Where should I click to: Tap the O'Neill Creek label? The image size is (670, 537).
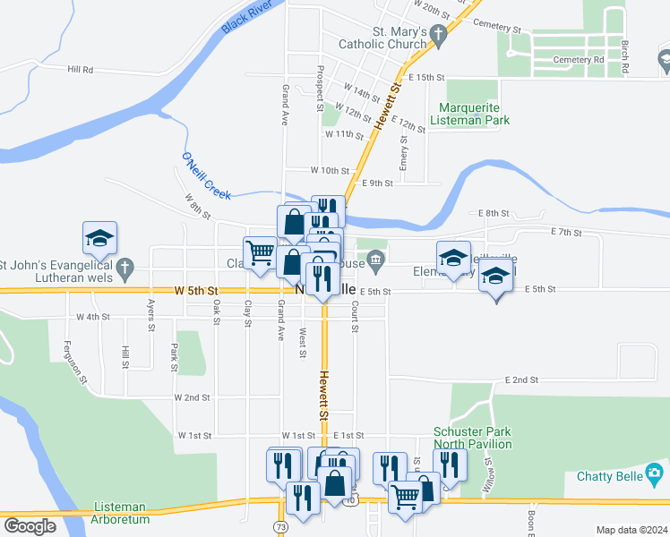tap(206, 176)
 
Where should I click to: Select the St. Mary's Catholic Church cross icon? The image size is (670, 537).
tap(438, 35)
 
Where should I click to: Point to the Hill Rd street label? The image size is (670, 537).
tap(80, 69)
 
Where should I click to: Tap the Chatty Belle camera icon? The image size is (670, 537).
tap(656, 472)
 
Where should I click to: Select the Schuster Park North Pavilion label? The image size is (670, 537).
tap(472, 438)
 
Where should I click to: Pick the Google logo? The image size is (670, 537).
tap(30, 526)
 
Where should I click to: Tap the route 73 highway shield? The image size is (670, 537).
tap(282, 528)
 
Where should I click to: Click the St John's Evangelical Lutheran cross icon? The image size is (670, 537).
tap(126, 265)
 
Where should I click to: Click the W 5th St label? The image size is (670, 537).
tap(196, 291)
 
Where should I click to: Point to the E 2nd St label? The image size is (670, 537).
tap(520, 379)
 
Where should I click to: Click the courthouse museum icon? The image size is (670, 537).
tap(377, 261)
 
